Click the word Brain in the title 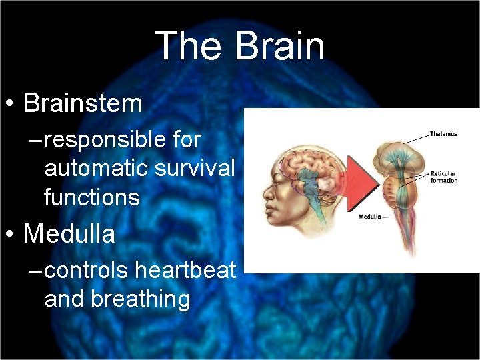(x=280, y=47)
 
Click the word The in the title (x=188, y=47)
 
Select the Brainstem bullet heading (x=83, y=103)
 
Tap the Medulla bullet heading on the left (x=69, y=234)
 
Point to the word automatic (x=96, y=169)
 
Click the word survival (x=195, y=169)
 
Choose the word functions (x=91, y=197)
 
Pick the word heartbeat (x=185, y=270)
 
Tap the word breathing (x=141, y=299)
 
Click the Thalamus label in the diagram (x=444, y=134)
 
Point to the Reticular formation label (x=444, y=177)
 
